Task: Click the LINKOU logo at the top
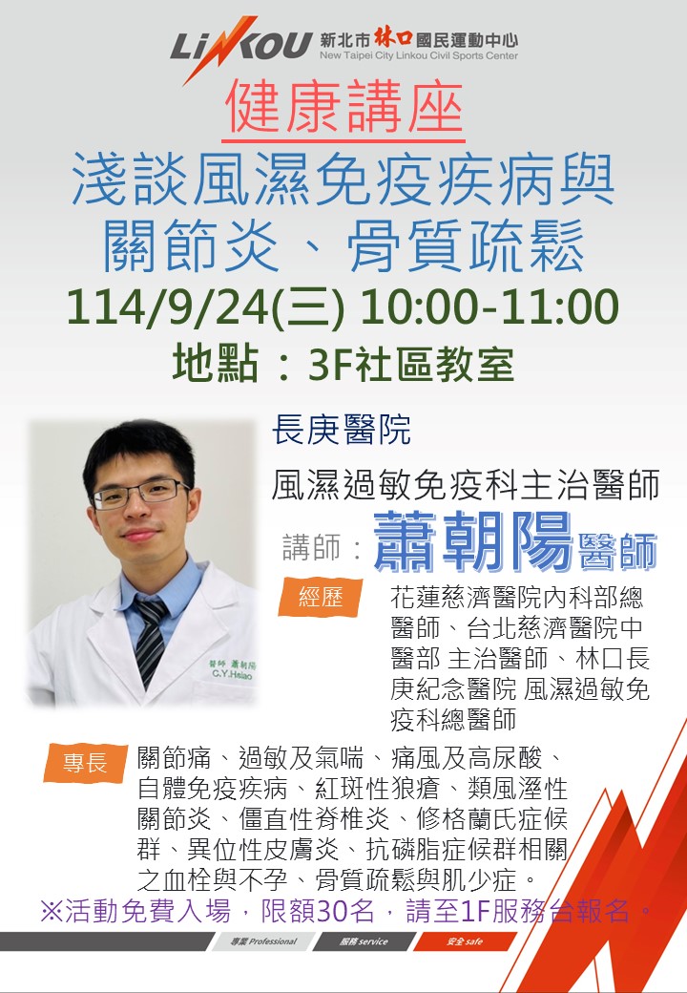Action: [x=241, y=48]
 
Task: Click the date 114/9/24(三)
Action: [x=205, y=307]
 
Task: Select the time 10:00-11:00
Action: [x=489, y=306]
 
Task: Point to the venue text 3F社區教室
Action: [x=411, y=366]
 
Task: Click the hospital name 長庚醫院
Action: [x=342, y=430]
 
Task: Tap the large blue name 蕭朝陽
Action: [x=472, y=542]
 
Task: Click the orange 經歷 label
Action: [x=321, y=597]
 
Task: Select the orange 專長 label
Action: [x=84, y=763]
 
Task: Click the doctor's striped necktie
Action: [x=150, y=641]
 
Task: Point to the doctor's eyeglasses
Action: [x=140, y=494]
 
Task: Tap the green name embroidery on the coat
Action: [x=232, y=669]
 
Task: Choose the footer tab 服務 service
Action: [x=364, y=941]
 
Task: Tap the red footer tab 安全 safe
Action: [x=465, y=941]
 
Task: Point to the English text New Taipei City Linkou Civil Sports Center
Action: [x=419, y=55]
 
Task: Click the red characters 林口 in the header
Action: [x=393, y=38]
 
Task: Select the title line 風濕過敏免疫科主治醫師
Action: [x=466, y=486]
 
